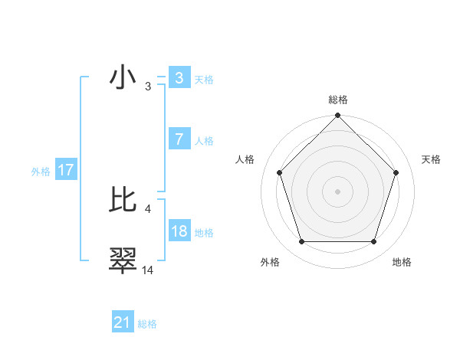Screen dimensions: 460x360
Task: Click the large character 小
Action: click(123, 78)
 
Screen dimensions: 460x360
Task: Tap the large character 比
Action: click(123, 199)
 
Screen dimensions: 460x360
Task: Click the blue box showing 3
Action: click(179, 78)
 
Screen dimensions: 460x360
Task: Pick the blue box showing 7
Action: click(179, 139)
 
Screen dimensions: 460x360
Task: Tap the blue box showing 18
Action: click(179, 231)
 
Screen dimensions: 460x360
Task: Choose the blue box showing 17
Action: click(65, 170)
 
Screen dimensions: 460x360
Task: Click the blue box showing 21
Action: click(123, 322)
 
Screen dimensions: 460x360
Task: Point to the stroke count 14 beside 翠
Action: click(148, 270)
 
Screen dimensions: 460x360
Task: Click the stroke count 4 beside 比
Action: click(147, 208)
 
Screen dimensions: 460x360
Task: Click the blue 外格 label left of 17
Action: click(41, 172)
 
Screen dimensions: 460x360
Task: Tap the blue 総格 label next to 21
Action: click(147, 324)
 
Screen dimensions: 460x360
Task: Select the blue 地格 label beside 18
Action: click(204, 233)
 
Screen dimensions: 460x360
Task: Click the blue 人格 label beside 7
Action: click(204, 141)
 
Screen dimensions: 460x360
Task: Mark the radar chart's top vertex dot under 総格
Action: click(337, 116)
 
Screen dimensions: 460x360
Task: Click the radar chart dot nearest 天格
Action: click(396, 172)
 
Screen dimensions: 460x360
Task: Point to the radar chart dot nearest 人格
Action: click(279, 172)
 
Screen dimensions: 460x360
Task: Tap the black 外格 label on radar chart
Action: click(270, 263)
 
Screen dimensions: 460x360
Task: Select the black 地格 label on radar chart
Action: click(402, 263)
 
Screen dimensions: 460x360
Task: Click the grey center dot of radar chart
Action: click(337, 191)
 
